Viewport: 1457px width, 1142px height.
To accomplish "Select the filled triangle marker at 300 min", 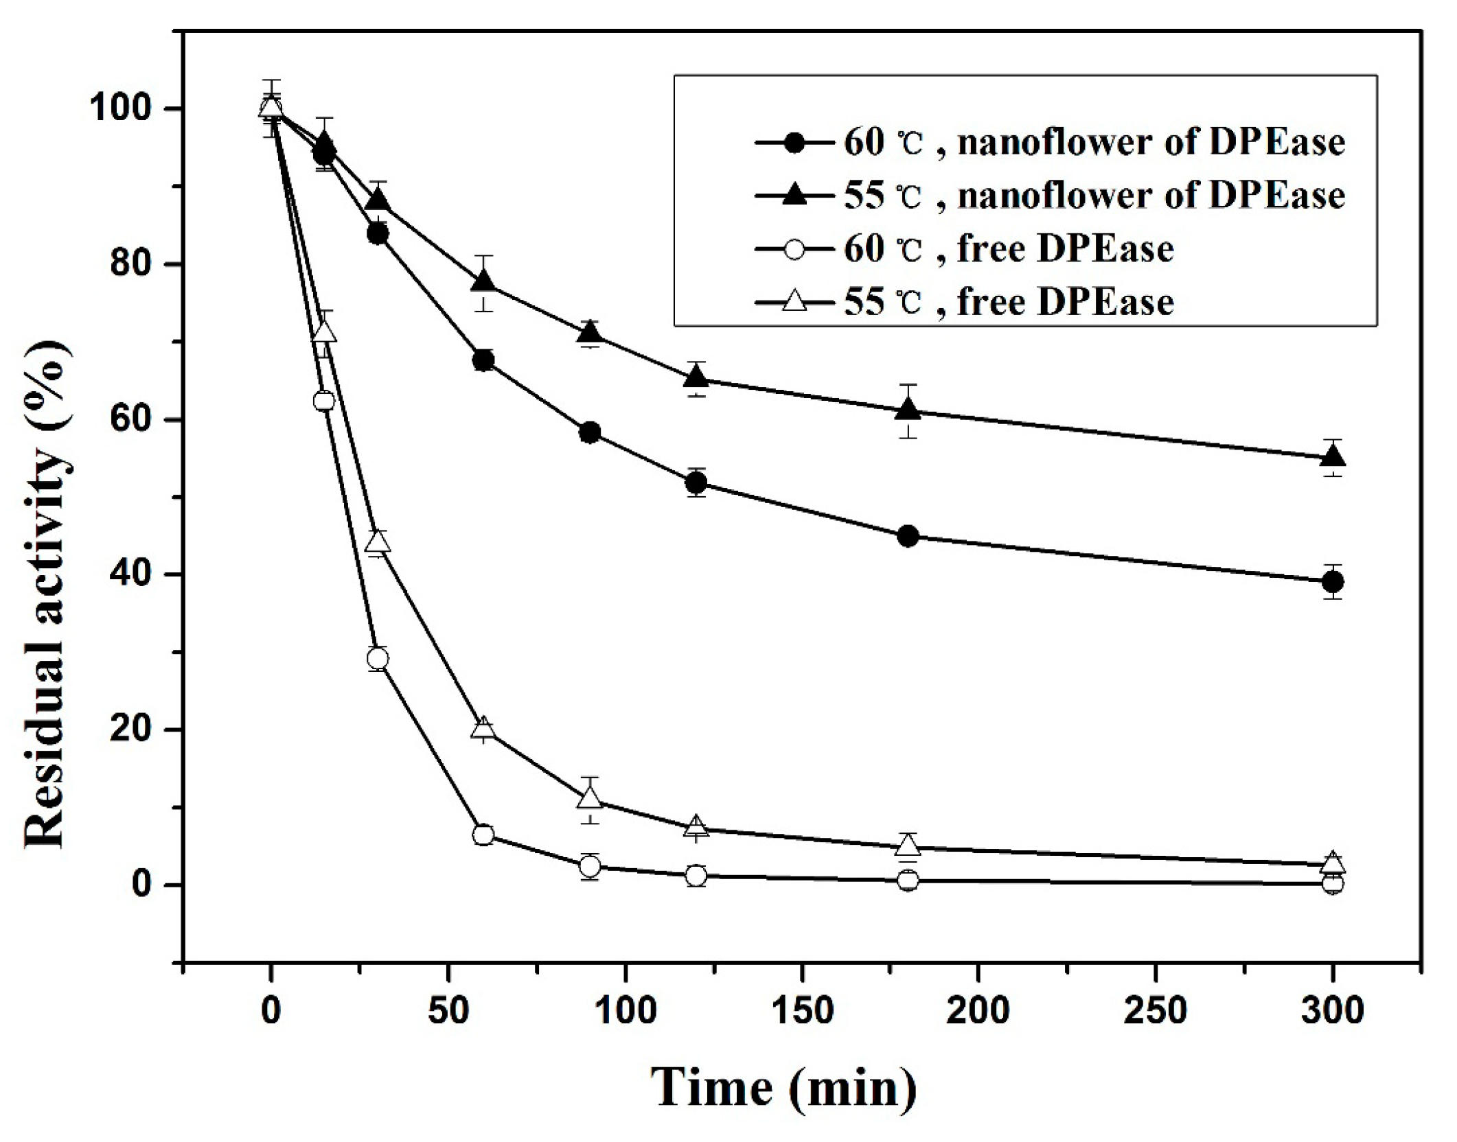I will point(1333,456).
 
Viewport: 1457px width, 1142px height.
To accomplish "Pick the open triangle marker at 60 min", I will point(483,727).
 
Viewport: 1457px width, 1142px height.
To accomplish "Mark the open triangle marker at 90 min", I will point(590,799).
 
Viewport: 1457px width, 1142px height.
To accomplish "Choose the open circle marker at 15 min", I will point(324,401).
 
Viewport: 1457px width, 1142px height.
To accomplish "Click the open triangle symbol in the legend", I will point(794,301).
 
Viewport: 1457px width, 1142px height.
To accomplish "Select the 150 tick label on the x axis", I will point(802,1012).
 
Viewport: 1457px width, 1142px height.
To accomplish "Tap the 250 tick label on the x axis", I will point(1156,1012).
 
